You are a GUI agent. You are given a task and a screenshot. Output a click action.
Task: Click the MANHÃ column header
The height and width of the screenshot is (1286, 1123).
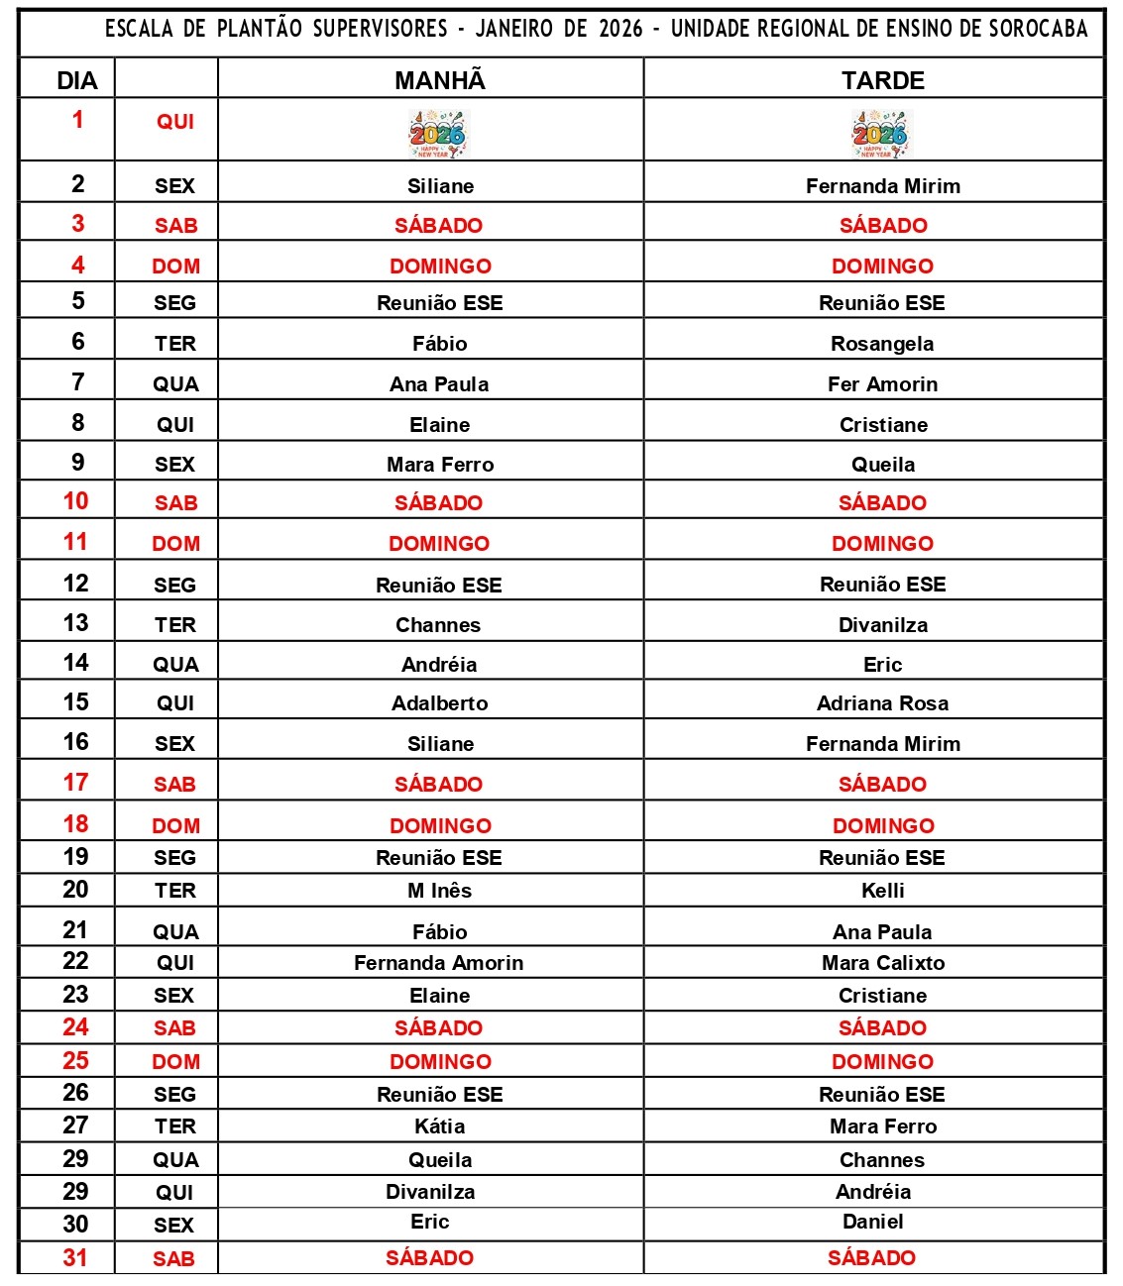point(440,80)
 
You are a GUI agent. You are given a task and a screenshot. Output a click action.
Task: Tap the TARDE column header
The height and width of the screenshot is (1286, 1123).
point(882,80)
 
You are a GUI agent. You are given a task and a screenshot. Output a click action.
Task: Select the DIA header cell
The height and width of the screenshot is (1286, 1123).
point(77,81)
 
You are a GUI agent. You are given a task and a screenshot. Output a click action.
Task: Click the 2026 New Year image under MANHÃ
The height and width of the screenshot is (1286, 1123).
point(438,134)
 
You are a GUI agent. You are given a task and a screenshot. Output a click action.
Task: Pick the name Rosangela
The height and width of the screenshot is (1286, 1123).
point(882,344)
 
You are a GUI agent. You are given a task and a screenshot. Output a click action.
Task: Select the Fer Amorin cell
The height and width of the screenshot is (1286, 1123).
point(882,384)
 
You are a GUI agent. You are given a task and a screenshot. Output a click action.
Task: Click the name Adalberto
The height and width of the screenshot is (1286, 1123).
point(439,703)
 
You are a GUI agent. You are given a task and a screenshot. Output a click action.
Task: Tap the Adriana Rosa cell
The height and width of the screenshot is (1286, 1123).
point(882,703)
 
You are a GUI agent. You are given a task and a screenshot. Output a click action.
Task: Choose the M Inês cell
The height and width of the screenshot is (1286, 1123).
point(439,891)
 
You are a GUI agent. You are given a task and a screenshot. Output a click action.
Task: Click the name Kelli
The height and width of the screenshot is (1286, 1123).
point(882,891)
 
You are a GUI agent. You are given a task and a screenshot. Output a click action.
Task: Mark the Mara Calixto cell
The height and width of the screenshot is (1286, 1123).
point(882,963)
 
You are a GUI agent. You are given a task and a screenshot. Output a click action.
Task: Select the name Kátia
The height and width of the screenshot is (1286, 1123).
point(439,1126)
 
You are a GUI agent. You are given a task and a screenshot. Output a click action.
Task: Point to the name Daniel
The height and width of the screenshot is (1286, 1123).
point(872,1222)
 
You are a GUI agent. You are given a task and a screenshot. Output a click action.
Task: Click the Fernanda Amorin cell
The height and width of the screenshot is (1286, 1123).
point(438,963)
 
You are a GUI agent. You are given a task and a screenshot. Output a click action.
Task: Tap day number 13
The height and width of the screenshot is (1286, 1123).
point(76,623)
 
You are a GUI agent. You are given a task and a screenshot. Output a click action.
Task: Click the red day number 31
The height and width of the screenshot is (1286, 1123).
point(75,1258)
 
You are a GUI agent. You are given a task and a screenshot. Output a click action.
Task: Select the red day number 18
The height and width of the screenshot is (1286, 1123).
point(75,824)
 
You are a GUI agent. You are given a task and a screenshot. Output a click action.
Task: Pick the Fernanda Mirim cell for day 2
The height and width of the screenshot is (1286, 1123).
point(882,186)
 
